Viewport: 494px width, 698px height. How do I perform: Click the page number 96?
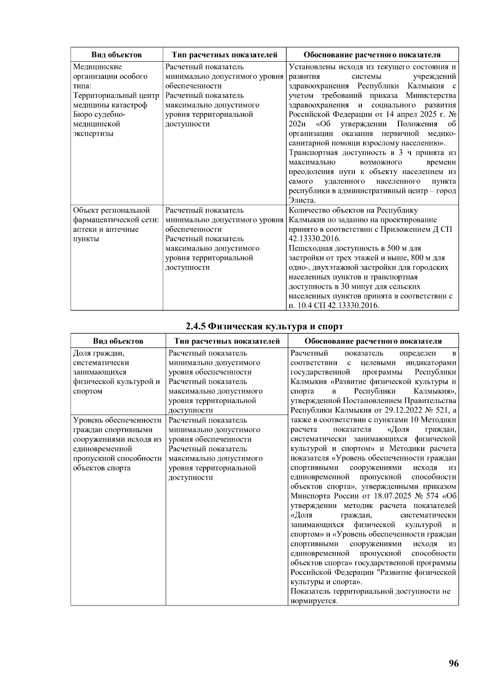pyautogui.click(x=453, y=663)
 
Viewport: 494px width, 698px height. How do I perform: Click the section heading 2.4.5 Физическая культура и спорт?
pyautogui.click(x=264, y=327)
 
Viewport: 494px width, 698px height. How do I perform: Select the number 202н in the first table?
pyautogui.click(x=296, y=124)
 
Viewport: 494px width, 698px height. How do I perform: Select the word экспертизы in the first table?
pyautogui.click(x=93, y=134)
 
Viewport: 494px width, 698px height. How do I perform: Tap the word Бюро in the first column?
pyautogui.click(x=82, y=114)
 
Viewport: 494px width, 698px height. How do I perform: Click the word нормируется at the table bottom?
pyautogui.click(x=314, y=601)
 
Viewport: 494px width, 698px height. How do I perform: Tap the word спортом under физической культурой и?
pyautogui.click(x=87, y=391)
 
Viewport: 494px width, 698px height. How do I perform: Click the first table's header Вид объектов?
pyautogui.click(x=117, y=55)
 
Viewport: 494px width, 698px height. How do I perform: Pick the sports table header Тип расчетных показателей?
pyautogui.click(x=227, y=341)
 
